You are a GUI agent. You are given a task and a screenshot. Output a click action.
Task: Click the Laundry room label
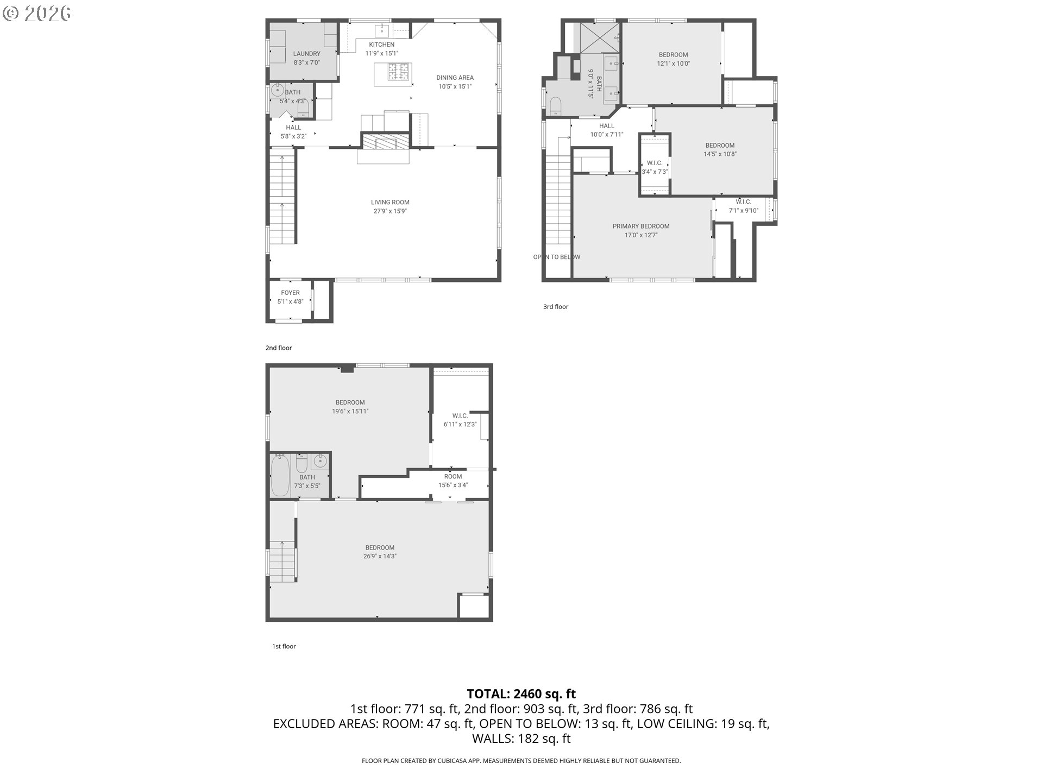click(x=306, y=58)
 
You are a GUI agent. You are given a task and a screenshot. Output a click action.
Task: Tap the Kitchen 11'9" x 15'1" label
click(x=381, y=49)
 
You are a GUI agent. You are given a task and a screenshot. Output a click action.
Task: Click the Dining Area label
click(x=455, y=82)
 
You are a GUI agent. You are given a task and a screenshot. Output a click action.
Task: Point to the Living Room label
click(x=390, y=207)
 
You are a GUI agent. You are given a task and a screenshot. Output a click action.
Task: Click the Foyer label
click(x=290, y=297)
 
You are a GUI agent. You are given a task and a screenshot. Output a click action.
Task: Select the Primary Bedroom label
click(x=641, y=231)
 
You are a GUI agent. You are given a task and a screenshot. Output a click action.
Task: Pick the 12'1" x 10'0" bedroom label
click(x=673, y=59)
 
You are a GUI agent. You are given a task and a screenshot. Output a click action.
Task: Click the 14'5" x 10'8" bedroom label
click(x=720, y=150)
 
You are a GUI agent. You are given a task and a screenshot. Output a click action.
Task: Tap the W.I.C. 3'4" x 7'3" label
click(x=655, y=167)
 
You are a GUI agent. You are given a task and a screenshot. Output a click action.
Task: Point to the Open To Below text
click(x=557, y=257)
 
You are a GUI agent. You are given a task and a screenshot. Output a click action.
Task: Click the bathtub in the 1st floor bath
click(x=280, y=476)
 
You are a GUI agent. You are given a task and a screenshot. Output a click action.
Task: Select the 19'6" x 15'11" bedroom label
click(x=350, y=407)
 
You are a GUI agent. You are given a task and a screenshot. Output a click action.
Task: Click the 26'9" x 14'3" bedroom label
click(x=380, y=552)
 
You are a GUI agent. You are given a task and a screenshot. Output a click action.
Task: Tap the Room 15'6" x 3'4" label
click(x=453, y=481)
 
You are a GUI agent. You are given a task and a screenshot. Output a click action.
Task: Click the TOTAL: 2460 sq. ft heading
click(x=521, y=694)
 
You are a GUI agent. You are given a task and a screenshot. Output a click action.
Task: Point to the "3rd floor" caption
click(x=556, y=307)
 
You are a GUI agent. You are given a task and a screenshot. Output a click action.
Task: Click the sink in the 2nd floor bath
click(x=279, y=90)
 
